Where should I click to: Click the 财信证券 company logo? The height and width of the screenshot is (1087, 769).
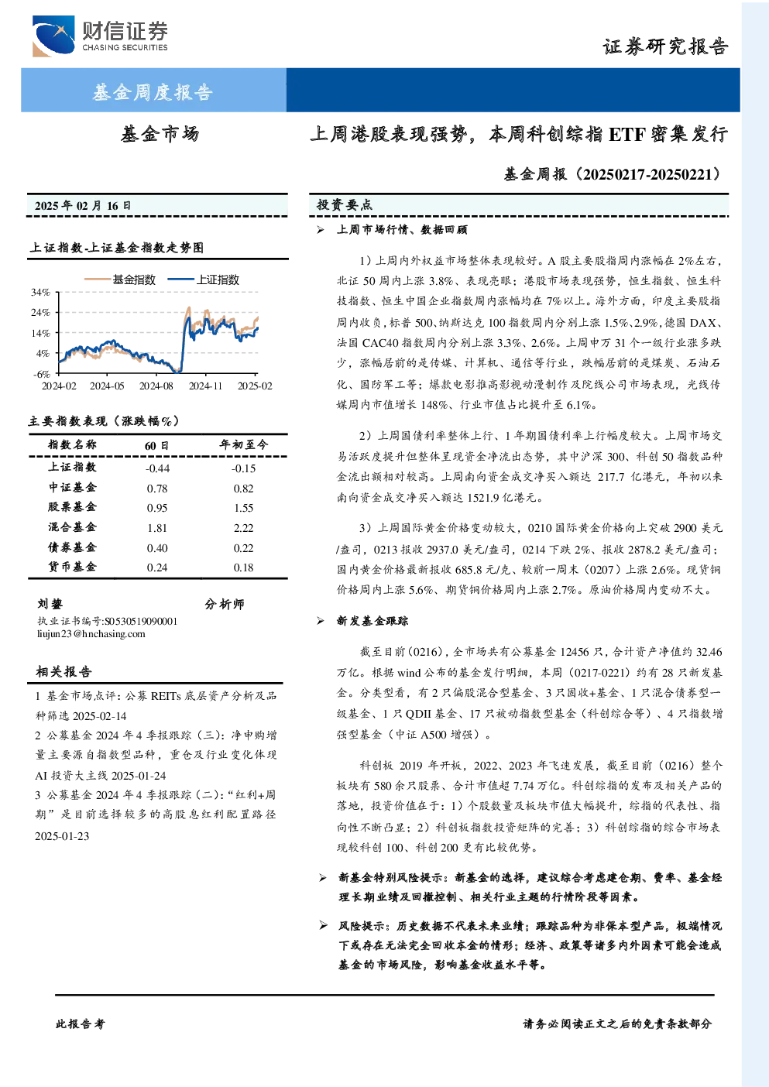tap(100, 36)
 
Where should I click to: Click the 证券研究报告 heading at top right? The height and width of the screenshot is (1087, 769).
tap(665, 46)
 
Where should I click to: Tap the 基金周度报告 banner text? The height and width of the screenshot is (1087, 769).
tap(153, 91)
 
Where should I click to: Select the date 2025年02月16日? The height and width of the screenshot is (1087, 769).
tap(83, 206)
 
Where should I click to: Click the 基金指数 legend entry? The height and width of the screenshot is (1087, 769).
tap(120, 279)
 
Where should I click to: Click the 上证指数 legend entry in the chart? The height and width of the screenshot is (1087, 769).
tap(204, 279)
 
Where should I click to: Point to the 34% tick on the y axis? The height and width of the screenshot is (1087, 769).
tap(41, 293)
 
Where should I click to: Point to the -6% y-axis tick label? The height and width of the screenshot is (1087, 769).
tap(41, 374)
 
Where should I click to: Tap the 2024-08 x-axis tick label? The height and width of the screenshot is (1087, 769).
tap(156, 386)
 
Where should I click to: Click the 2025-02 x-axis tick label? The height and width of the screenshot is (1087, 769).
tap(255, 386)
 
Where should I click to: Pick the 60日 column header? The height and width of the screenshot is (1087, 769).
tap(156, 445)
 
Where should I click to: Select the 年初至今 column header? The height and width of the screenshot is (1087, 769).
tap(243, 444)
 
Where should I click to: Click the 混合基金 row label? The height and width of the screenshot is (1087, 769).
tap(72, 527)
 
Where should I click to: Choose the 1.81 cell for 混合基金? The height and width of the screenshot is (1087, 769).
tap(156, 528)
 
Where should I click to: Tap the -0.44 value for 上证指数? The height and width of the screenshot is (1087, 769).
tap(157, 468)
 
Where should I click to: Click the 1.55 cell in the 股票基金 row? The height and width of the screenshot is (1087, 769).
tap(243, 508)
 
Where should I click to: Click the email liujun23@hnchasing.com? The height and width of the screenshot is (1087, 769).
tap(91, 634)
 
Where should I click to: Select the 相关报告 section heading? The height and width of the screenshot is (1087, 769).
tap(64, 671)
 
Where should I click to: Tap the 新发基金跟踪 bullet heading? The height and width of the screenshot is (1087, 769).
tap(372, 621)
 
